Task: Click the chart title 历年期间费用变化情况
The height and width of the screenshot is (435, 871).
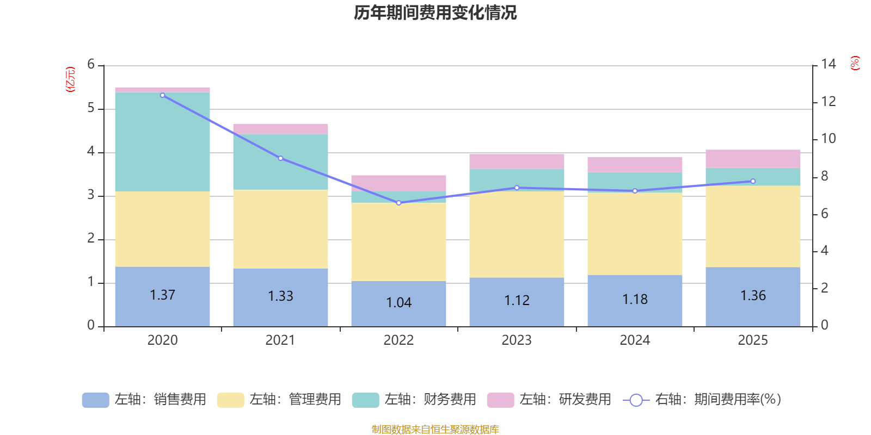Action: [x=435, y=13]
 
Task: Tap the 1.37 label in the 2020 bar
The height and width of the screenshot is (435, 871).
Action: [x=162, y=295]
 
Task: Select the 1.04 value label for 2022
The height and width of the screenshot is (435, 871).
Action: [x=398, y=303]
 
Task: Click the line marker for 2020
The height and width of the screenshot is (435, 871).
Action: [x=162, y=95]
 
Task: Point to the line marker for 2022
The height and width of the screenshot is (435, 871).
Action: [x=398, y=203]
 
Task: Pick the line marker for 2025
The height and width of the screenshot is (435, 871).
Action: [x=753, y=181]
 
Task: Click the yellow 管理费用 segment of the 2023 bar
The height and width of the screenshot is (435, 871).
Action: [x=517, y=234]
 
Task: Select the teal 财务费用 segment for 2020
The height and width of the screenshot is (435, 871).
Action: [x=162, y=141]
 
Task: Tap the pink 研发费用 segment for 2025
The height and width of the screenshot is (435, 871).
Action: [x=753, y=159]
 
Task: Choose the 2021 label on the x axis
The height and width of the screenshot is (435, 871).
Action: [x=280, y=340]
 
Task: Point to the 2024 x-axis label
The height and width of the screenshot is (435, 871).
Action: [x=635, y=340]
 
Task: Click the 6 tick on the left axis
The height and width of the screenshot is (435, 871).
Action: [x=91, y=65]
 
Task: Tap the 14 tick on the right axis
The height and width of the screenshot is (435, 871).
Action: [x=829, y=64]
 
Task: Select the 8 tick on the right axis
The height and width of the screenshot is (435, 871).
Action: [x=824, y=176]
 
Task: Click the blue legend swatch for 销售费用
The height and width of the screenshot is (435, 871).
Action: [x=95, y=400]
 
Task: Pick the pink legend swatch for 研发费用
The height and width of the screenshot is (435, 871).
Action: [x=500, y=400]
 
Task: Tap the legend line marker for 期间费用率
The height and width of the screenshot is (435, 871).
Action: [x=636, y=400]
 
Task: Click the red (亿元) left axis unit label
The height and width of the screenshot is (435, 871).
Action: [x=70, y=79]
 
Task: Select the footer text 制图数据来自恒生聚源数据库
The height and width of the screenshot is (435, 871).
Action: [x=435, y=430]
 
